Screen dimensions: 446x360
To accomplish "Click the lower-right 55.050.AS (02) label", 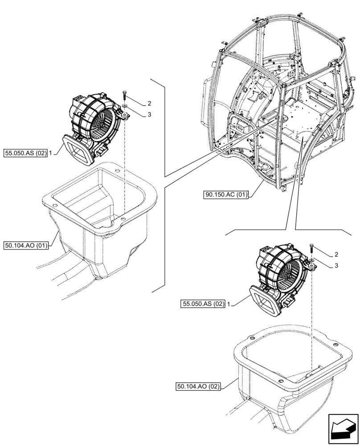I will (x=203, y=304).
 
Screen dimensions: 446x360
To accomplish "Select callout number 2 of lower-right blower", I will (x=336, y=255).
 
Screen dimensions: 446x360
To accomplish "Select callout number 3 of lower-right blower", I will (x=336, y=266).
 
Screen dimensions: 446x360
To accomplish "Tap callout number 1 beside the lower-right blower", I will (x=229, y=304).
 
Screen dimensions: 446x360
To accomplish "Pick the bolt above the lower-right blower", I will (x=311, y=248).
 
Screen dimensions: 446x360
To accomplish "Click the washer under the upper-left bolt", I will (x=124, y=106).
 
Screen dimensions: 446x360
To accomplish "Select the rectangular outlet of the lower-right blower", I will (x=266, y=301).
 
